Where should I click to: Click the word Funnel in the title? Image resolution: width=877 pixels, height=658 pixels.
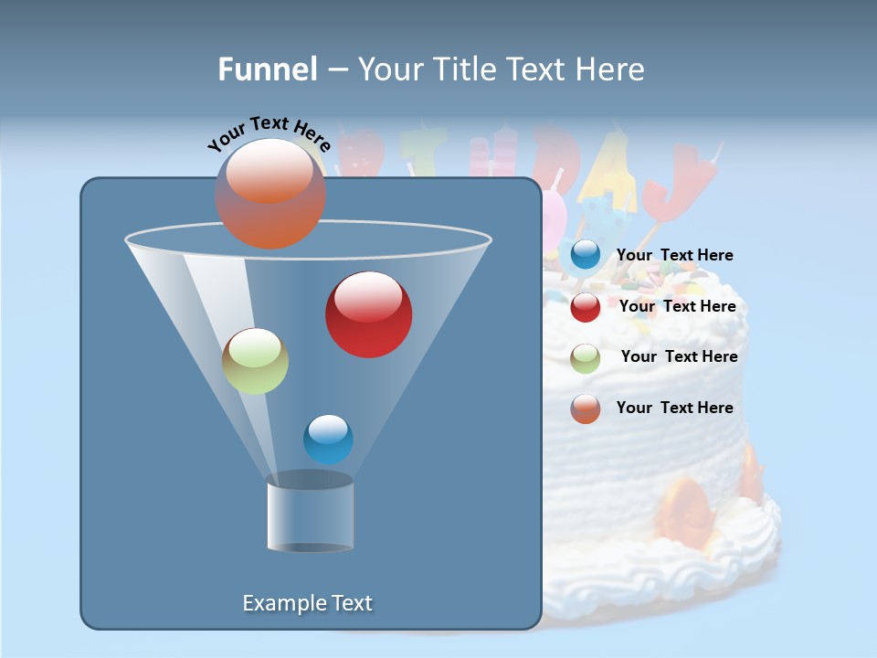click(x=268, y=69)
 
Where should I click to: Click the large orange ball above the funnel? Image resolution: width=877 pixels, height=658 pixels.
click(x=269, y=193)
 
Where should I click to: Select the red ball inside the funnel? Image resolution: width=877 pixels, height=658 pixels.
click(x=368, y=314)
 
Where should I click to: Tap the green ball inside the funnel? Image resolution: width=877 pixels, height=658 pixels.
click(x=255, y=361)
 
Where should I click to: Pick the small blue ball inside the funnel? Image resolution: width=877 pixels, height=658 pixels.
click(x=328, y=439)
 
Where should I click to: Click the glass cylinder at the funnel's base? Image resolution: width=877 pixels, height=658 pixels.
click(x=311, y=514)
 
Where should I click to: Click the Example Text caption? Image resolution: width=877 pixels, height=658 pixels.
click(x=308, y=603)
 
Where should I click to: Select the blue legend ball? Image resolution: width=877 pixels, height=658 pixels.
click(x=585, y=255)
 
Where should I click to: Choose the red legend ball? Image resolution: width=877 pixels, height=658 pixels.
click(x=585, y=307)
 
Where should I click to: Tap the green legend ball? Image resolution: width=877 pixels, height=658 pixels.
click(x=585, y=357)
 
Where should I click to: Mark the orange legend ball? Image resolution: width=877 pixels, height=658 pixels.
click(x=585, y=408)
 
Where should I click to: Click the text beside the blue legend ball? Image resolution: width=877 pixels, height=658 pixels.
click(x=674, y=255)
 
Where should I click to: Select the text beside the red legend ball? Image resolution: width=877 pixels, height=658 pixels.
click(x=677, y=306)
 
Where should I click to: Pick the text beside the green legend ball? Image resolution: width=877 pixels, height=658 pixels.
click(x=679, y=356)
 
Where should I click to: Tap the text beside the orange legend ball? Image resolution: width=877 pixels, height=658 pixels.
click(x=674, y=408)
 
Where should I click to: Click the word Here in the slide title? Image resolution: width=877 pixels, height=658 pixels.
click(x=608, y=69)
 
